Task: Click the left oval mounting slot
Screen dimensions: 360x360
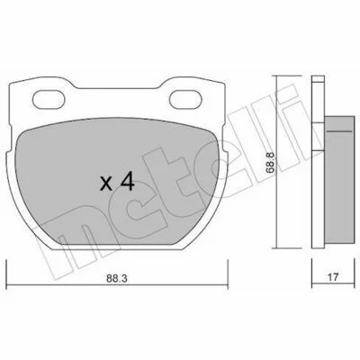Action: (49, 99)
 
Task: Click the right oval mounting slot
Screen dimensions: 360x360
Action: (185, 99)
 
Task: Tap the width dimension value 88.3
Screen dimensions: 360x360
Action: (117, 278)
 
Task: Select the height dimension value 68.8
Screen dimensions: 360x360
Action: (270, 162)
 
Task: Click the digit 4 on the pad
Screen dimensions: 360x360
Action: (127, 182)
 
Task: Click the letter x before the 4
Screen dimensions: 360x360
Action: (106, 184)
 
